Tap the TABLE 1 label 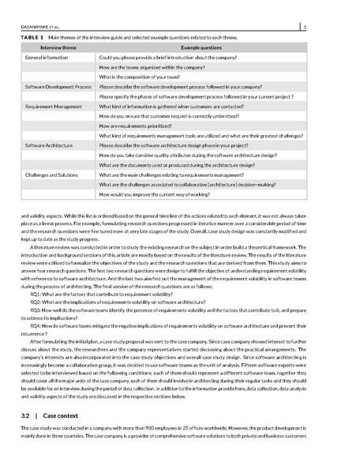(x=31, y=37)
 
